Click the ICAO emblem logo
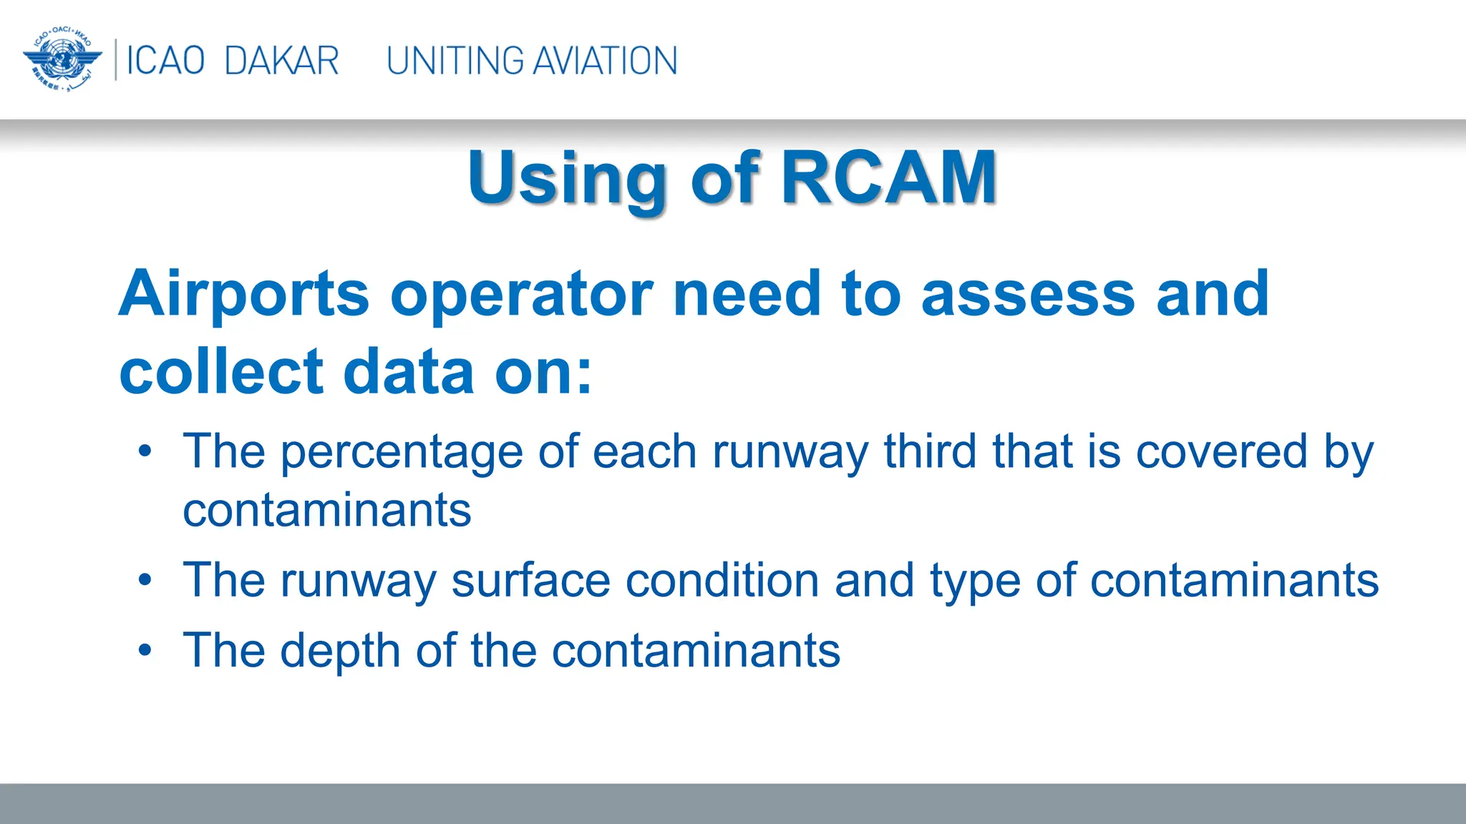62,60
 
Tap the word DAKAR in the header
281,61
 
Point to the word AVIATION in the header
606,61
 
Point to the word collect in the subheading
222,372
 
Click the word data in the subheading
409,372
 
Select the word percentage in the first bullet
402,453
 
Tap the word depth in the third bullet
339,652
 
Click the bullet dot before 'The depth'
145,650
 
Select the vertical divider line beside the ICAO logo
115,60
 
